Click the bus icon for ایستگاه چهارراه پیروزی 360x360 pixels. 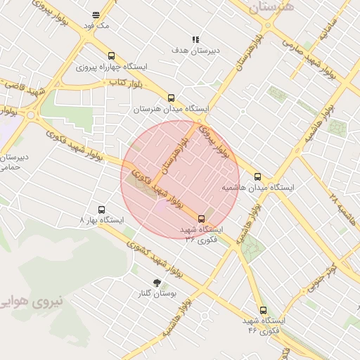click(x=111, y=56)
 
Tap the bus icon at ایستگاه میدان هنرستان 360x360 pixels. click(x=172, y=98)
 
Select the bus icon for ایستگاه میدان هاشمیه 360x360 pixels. click(x=257, y=176)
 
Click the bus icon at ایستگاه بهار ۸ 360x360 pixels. click(x=101, y=210)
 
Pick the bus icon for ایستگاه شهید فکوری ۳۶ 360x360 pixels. click(x=202, y=218)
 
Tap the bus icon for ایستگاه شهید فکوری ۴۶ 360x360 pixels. click(x=263, y=310)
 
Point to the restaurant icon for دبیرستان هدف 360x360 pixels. click(x=195, y=39)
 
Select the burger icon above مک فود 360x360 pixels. click(x=96, y=14)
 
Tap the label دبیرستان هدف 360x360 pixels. click(x=196, y=51)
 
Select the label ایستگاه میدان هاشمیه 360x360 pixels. click(x=258, y=188)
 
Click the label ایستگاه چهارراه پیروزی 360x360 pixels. click(x=112, y=67)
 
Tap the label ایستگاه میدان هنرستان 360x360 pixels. click(x=172, y=109)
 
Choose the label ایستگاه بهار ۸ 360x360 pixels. click(x=102, y=221)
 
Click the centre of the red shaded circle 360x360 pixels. click(x=180, y=179)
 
